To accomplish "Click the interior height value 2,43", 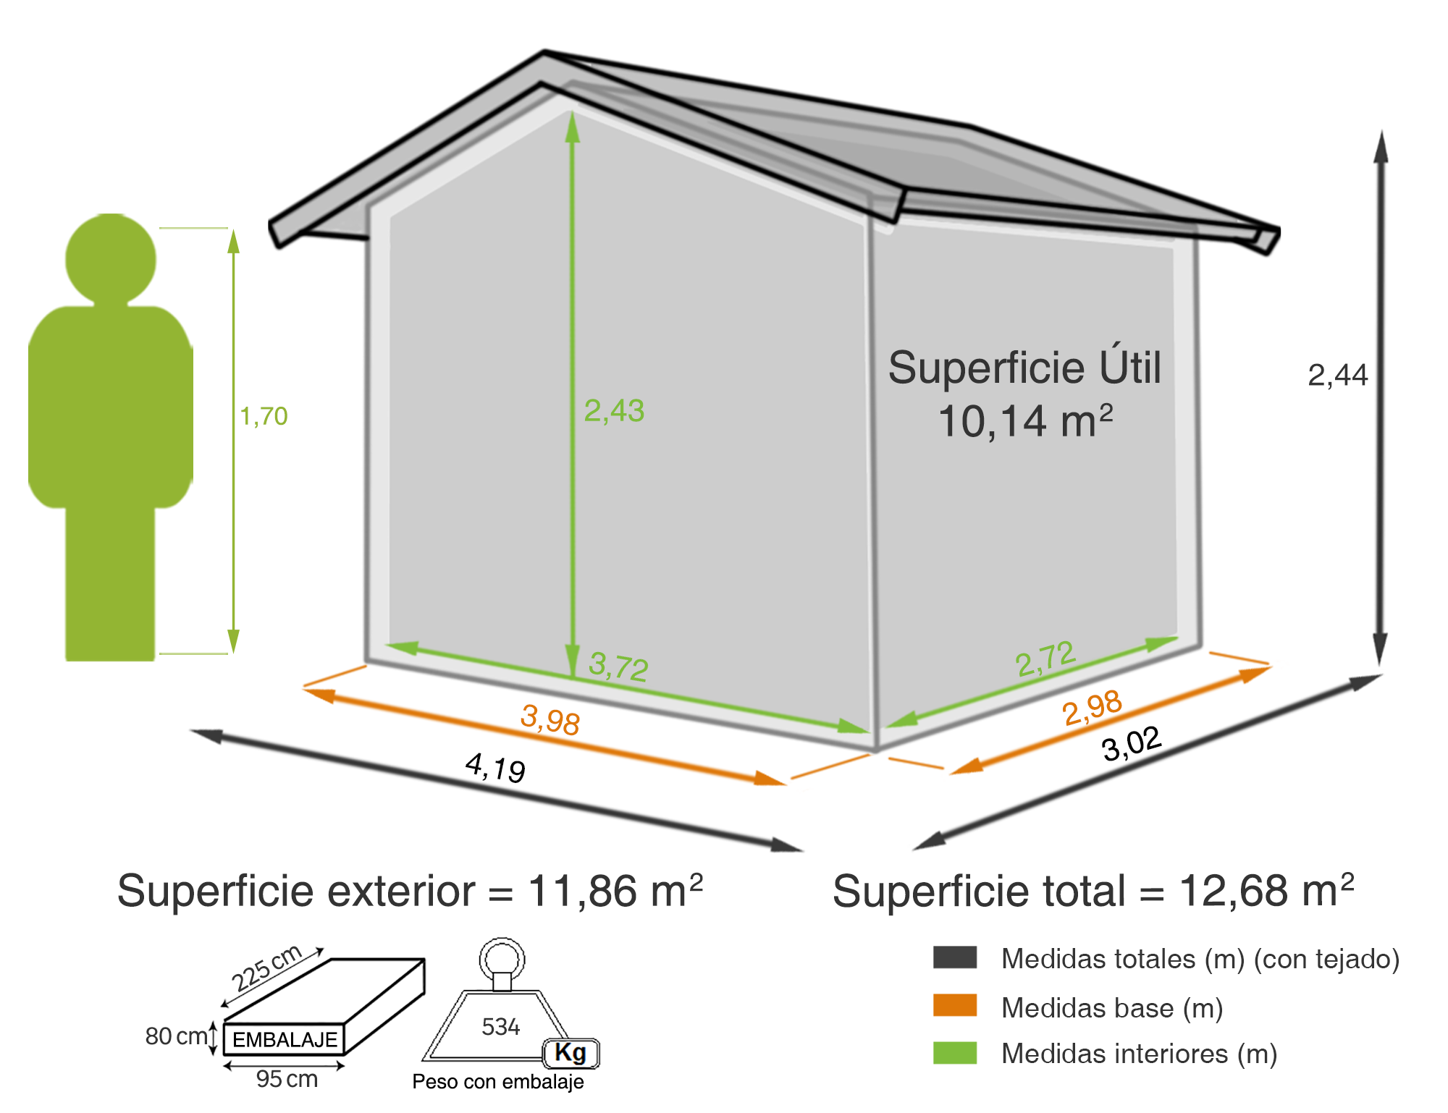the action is coord(614,411).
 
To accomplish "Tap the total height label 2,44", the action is coord(1337,376).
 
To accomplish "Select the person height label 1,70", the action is coord(264,416).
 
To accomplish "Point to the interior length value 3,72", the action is coord(618,666).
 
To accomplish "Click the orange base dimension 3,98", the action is coord(550,719).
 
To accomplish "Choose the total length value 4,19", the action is coord(495,767).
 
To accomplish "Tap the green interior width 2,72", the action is coord(1045,659).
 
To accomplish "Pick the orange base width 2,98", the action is coord(1092,707).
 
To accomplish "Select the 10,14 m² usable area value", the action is coord(1025,420).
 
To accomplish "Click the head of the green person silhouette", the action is coord(111,258).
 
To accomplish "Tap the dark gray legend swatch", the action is coord(955,957).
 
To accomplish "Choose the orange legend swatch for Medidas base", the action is coord(955,1005).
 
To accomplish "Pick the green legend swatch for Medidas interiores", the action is coord(955,1053).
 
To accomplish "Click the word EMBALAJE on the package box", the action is coord(285,1040).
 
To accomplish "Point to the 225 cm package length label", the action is coord(266,968).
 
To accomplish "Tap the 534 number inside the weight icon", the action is coord(500,1026).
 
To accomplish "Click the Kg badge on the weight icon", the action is coord(571,1053).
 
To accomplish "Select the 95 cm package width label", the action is coord(287,1079).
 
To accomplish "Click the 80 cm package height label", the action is coord(176,1036).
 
